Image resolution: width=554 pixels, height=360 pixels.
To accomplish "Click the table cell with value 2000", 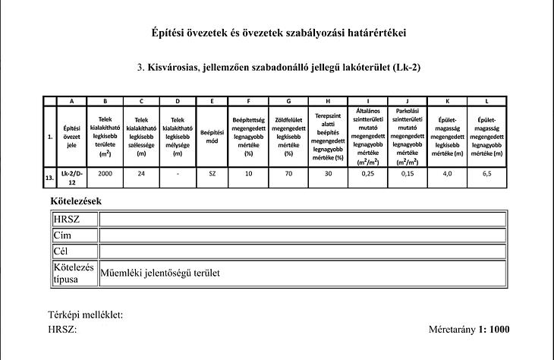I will [x=105, y=173].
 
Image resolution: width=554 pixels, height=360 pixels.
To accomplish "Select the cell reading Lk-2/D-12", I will [x=71, y=177].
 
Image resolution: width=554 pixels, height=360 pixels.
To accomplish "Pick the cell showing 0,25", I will [x=368, y=173].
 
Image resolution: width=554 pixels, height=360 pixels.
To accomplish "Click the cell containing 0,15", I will [x=408, y=173].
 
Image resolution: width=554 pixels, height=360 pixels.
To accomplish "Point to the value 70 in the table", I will [x=288, y=173].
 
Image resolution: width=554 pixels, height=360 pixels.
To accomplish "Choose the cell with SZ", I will [x=212, y=173].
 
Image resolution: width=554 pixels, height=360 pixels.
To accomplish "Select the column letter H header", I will [x=328, y=101].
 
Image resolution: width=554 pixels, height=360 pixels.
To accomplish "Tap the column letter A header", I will [x=71, y=101].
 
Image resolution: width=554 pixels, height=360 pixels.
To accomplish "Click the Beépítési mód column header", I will [x=212, y=137].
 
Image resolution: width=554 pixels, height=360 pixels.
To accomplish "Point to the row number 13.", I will [x=49, y=177].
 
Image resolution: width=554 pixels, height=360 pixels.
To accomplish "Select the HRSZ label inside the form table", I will [x=66, y=219].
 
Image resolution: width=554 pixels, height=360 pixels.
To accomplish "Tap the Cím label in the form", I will [x=62, y=235].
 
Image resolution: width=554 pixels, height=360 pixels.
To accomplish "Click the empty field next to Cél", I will [x=301, y=251].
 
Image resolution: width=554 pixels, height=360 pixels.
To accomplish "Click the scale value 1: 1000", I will [x=494, y=330].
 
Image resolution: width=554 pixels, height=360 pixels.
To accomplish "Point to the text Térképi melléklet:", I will [x=85, y=315].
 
